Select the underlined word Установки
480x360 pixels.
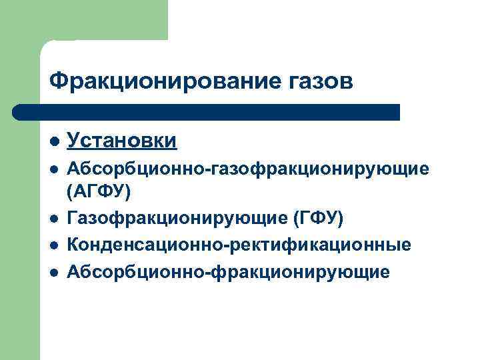(x=122, y=141)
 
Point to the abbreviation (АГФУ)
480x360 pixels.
(x=99, y=191)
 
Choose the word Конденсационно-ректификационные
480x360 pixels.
(x=239, y=245)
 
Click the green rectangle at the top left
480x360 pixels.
(x=83, y=20)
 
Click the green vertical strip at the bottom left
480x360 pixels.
(x=20, y=267)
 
